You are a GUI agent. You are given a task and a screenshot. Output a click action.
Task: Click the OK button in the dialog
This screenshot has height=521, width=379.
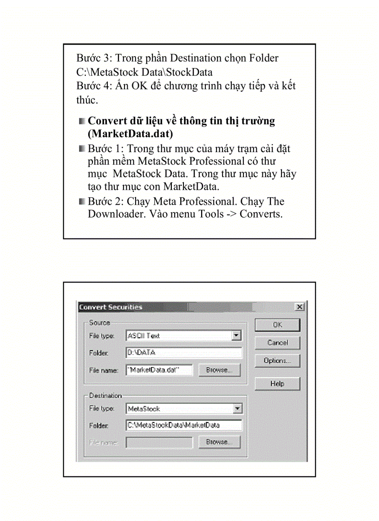tap(277, 325)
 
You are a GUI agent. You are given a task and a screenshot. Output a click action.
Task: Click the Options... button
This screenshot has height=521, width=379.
tap(277, 360)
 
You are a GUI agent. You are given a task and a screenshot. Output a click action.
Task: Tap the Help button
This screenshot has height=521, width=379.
tap(277, 384)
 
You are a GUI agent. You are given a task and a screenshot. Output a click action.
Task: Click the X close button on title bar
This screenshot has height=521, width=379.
tap(300, 307)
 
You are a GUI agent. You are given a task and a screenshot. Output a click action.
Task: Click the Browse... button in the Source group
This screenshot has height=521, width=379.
tap(219, 370)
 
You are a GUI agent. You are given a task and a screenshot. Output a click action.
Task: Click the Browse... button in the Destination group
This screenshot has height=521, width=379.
tap(219, 442)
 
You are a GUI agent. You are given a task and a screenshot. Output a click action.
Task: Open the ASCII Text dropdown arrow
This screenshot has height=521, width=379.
tap(237, 335)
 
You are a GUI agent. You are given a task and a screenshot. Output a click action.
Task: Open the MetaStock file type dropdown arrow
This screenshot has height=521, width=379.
tap(237, 409)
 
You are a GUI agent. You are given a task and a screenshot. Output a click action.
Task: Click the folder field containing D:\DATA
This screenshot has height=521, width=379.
tap(183, 353)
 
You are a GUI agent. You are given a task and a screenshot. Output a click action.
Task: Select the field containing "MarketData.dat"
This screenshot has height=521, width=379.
tap(159, 370)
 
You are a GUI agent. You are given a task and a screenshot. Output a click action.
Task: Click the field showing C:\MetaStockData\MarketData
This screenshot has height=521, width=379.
tap(183, 425)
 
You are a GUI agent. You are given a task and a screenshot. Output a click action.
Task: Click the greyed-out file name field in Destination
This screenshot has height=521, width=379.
tap(159, 443)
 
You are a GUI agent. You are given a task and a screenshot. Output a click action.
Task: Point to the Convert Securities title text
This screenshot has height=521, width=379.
tap(111, 307)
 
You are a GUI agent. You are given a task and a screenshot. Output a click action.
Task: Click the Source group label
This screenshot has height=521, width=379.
tap(99, 322)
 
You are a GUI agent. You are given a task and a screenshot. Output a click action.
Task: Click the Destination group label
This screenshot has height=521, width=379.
tap(105, 396)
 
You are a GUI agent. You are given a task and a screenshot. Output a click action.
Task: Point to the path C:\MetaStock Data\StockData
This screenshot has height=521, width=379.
tap(144, 72)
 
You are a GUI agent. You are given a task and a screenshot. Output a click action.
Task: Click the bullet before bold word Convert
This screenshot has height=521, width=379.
tap(82, 121)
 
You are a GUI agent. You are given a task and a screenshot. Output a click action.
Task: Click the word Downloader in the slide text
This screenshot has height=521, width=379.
tap(116, 214)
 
